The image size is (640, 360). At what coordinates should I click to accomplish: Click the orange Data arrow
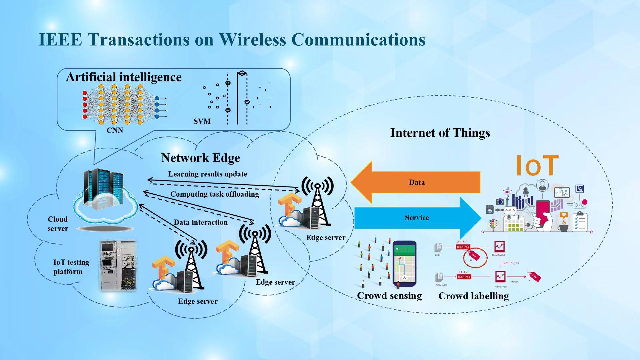coord(417,182)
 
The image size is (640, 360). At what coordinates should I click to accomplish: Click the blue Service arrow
coord(417,218)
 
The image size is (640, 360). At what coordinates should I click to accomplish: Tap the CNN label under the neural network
coord(115,130)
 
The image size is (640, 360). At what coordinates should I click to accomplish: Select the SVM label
coord(202,121)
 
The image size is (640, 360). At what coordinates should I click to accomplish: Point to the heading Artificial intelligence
coord(124,77)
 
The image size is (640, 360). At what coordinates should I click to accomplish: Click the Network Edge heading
coord(200,158)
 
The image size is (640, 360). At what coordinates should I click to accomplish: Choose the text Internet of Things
coord(440,133)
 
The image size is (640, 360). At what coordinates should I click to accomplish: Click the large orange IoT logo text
coord(537,166)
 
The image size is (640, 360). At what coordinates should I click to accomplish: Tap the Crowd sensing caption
coord(389,296)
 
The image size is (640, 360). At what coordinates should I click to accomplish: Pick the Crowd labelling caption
coord(473,296)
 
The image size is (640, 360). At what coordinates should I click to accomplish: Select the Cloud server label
coord(58,224)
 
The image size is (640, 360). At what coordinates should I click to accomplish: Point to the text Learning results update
coord(207,174)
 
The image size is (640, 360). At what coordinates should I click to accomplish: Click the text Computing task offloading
coord(214,194)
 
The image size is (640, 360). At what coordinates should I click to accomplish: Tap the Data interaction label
coord(200,222)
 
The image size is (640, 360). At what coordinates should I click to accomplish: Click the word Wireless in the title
coord(252,40)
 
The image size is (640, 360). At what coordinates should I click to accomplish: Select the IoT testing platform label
coord(71,267)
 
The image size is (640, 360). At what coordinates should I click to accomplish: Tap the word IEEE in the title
coord(60,40)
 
